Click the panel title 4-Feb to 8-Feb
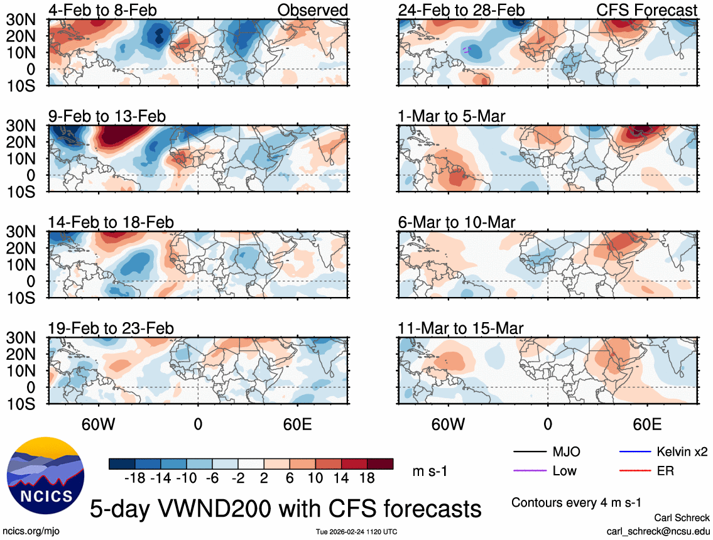pos(103,10)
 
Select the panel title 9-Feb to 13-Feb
pos(107,116)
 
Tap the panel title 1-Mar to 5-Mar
pos(452,116)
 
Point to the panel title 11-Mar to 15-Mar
pos(460,328)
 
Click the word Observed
pos(312,10)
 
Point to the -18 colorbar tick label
pos(134,478)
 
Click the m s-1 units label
pos(430,471)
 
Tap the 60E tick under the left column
pos(297,424)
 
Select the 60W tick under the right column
pos(448,424)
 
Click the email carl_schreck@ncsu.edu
pos(658,531)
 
